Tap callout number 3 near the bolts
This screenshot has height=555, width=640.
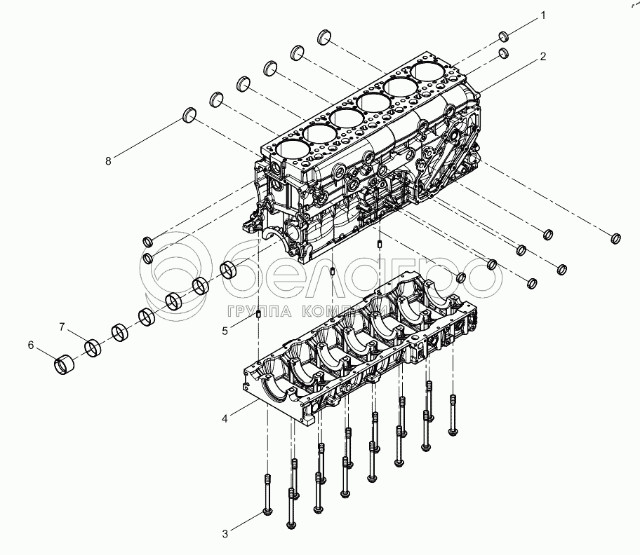tap(225, 534)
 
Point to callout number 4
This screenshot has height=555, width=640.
tap(225, 418)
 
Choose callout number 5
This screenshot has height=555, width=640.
tap(225, 330)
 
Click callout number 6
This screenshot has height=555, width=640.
tap(31, 344)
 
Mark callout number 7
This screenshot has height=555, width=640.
tap(62, 327)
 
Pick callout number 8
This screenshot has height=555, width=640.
tap(108, 160)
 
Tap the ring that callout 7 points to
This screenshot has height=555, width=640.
tap(93, 347)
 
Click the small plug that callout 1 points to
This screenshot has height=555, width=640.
tap(504, 36)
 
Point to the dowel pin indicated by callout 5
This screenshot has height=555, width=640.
tap(260, 313)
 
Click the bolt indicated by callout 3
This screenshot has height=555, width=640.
tap(267, 498)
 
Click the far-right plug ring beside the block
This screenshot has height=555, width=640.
tap(616, 238)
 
